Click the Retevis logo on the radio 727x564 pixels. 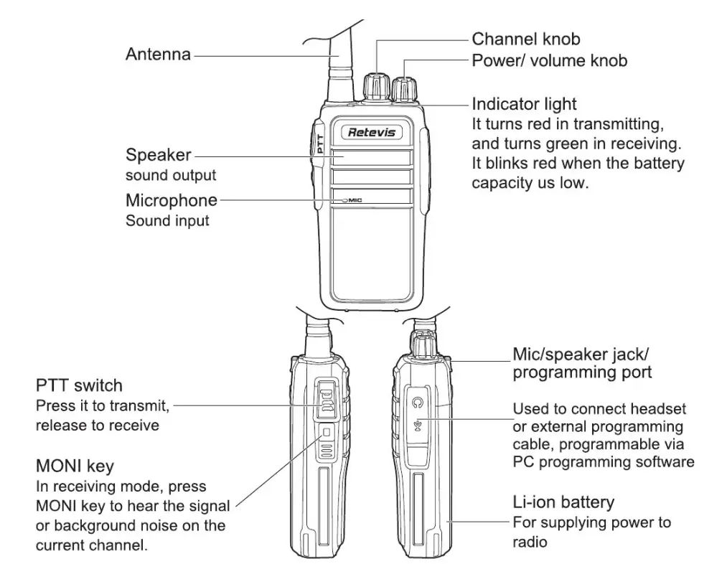(x=370, y=132)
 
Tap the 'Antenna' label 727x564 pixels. (x=158, y=54)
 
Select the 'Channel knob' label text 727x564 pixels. (x=525, y=39)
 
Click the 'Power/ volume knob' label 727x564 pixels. (x=549, y=60)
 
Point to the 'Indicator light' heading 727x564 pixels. (x=524, y=104)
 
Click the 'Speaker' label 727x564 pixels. (x=159, y=154)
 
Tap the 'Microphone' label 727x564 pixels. (x=171, y=199)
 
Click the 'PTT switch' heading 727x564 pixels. (x=79, y=386)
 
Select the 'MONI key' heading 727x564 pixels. (x=75, y=467)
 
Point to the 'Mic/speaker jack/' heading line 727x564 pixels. (x=583, y=354)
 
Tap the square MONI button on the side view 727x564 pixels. (x=327, y=433)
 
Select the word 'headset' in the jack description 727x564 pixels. (x=655, y=409)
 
